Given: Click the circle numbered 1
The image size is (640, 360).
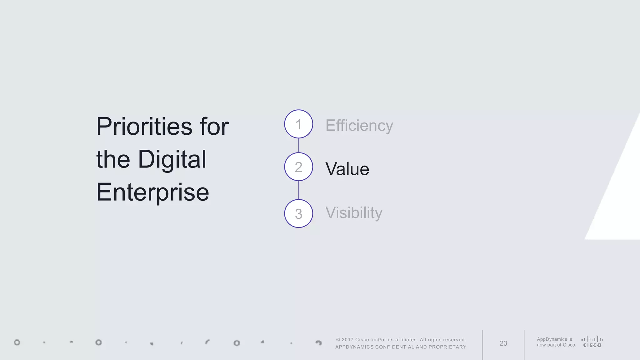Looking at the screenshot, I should [298, 124].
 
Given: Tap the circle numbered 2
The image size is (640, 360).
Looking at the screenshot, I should [298, 167].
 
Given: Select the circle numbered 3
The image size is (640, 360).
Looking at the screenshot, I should [298, 213].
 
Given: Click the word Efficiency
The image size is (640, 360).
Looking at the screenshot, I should [359, 126].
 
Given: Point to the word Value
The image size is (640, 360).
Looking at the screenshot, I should [347, 169].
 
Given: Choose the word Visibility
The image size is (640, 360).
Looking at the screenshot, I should [354, 213].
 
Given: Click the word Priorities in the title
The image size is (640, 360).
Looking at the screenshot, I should [144, 127].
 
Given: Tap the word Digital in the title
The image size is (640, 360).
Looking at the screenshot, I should [172, 159].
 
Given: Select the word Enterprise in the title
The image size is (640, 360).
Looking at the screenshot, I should [152, 192].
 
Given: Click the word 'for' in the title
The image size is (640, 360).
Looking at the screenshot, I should [214, 127].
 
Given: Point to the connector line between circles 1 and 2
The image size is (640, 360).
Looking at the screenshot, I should [298, 145].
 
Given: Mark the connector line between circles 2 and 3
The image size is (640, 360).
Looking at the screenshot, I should [298, 190].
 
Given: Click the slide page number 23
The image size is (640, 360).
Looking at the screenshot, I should [503, 343].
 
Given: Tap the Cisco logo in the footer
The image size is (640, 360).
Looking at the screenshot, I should [592, 342].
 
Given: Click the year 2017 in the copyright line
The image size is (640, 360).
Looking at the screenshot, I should [347, 340].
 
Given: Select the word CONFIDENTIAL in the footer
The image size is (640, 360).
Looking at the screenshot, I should [395, 347].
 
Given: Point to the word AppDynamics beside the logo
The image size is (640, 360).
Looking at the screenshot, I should [552, 339].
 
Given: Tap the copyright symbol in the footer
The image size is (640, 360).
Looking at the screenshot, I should [338, 340].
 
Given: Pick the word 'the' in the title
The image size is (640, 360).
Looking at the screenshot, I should [113, 159].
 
